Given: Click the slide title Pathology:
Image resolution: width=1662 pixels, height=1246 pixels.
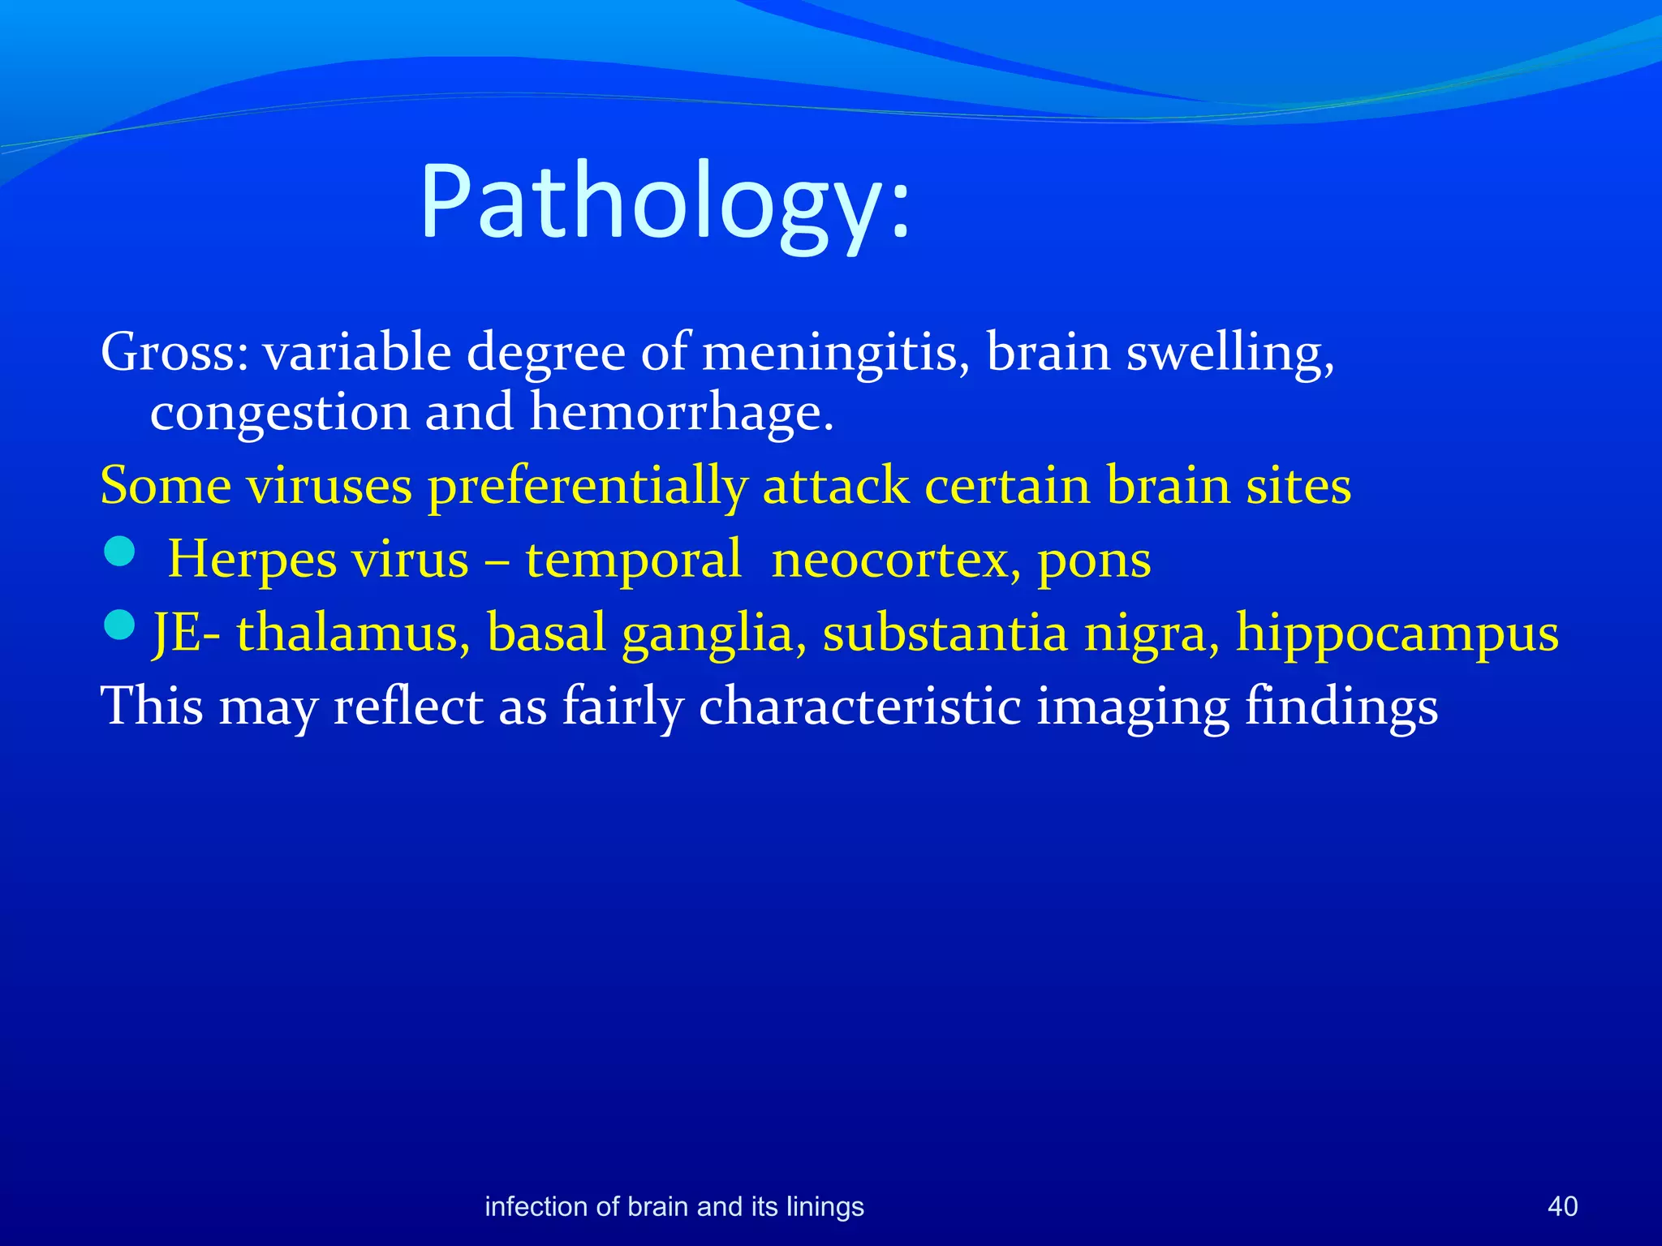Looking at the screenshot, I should coord(665,203).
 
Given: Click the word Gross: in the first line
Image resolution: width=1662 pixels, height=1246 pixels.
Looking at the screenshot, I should coord(174,353).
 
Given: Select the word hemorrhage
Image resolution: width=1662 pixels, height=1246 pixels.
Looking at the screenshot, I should coord(682,412).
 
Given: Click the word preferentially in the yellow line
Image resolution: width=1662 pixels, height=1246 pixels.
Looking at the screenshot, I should coord(588,487).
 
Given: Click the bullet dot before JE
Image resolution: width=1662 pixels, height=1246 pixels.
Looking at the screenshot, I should coord(119,625).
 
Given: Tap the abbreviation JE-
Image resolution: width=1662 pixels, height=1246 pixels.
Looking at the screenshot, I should coord(187,633).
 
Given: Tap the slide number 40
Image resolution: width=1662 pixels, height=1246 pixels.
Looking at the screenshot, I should coord(1562,1206).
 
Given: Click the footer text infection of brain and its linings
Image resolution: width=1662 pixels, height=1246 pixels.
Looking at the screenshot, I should coord(674,1206).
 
